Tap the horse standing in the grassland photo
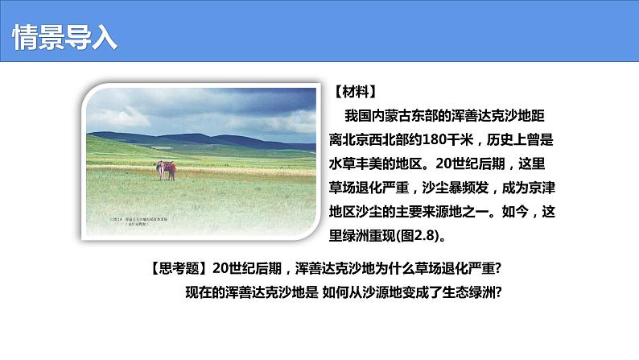tap(167, 170)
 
